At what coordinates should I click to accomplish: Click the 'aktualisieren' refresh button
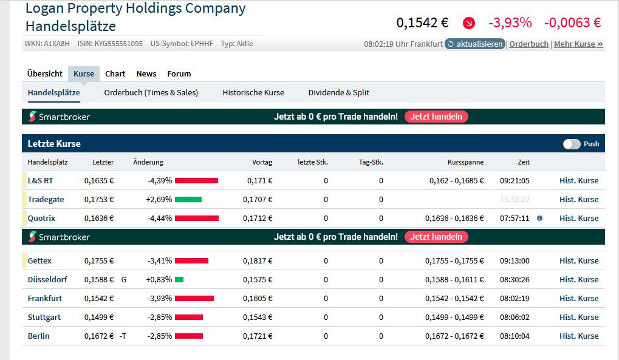(x=475, y=44)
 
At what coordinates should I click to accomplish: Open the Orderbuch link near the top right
(x=528, y=44)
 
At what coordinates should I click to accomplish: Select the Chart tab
(x=115, y=73)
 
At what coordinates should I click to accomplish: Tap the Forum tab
(x=179, y=73)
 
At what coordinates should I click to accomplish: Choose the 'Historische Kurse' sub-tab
(x=253, y=92)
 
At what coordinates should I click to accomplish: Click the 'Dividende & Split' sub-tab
(x=339, y=92)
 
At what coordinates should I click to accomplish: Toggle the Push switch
(x=572, y=144)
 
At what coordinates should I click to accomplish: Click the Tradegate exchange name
(x=46, y=199)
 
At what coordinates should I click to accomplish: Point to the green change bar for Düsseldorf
(x=179, y=279)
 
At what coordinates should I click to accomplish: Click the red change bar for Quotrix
(x=196, y=218)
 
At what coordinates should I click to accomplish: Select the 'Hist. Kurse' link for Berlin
(x=579, y=336)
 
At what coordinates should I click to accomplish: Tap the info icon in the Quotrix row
(x=539, y=218)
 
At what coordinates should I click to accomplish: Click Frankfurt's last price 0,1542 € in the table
(x=99, y=298)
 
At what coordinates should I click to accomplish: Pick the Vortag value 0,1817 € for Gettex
(x=258, y=260)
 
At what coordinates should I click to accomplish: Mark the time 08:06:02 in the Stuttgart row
(x=515, y=317)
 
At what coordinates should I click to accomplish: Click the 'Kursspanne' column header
(x=465, y=162)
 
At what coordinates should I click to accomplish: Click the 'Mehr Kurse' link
(x=578, y=44)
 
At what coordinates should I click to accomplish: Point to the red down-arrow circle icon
(x=468, y=23)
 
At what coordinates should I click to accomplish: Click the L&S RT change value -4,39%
(x=160, y=180)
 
